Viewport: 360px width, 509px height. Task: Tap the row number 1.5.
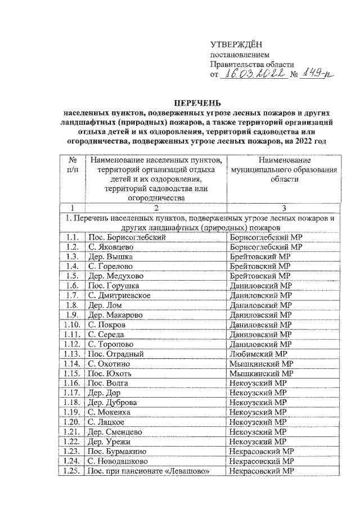tap(71, 276)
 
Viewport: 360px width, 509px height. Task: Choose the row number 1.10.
tap(71, 325)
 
